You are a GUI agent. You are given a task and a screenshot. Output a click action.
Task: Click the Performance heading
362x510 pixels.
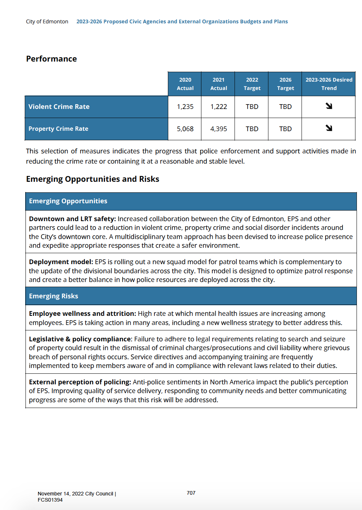51,59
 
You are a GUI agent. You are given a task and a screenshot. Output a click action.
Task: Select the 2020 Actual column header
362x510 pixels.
185,84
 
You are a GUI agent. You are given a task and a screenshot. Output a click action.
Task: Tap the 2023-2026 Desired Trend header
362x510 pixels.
329,84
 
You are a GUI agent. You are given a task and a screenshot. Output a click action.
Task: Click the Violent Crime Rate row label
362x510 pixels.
59,107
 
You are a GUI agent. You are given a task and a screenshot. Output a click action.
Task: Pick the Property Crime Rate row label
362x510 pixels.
58,129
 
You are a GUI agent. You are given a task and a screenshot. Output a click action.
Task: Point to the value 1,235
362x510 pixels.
185,107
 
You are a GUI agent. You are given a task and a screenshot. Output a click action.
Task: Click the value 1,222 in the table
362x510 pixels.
219,107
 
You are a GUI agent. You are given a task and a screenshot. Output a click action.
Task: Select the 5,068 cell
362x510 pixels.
185,129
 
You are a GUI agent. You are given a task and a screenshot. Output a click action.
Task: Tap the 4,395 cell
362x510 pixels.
219,129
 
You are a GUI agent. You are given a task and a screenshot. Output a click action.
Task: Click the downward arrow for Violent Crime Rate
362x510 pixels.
329,106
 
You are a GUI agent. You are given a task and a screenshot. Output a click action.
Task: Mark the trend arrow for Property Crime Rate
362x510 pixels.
329,128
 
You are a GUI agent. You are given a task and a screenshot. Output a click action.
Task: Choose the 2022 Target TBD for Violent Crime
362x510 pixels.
252,107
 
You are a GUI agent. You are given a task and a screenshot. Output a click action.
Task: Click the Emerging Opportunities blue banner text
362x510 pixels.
68,201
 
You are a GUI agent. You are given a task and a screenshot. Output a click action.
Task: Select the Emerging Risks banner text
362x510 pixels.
54,296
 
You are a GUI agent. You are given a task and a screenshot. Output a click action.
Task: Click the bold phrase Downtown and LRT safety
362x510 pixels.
72,219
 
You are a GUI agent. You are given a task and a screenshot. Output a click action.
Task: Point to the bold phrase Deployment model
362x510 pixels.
61,262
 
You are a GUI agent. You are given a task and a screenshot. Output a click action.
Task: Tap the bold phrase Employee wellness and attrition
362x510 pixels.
82,314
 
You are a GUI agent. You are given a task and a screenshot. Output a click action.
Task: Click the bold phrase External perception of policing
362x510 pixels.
80,382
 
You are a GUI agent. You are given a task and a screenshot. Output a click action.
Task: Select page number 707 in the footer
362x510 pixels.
191,493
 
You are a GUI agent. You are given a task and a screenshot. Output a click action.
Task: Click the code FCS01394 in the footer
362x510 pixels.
50,500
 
